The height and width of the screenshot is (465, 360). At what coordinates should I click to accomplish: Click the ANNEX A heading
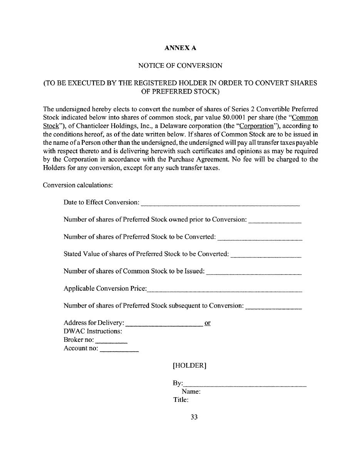click(180, 48)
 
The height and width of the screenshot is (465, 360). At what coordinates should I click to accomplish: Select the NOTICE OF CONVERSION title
click(180, 66)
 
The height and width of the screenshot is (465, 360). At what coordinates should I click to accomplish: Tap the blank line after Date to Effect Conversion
click(220, 204)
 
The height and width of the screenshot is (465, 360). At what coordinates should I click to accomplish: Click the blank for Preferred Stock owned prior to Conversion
click(275, 221)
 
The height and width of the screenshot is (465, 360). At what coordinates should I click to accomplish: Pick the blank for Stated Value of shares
click(266, 256)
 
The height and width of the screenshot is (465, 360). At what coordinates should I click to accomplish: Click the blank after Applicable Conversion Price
click(224, 290)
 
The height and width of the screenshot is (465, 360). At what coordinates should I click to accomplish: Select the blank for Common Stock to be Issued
click(254, 273)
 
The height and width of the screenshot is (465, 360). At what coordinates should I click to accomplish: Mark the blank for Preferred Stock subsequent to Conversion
click(273, 308)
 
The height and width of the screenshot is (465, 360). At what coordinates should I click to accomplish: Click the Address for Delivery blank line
click(164, 324)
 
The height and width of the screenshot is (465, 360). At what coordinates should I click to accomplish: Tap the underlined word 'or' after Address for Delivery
click(208, 323)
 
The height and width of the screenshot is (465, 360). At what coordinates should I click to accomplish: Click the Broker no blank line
click(111, 341)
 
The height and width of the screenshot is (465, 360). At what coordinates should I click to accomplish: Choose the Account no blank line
click(119, 350)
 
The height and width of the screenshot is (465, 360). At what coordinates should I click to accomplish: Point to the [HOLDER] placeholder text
click(189, 366)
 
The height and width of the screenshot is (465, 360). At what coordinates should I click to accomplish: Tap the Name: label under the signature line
click(191, 392)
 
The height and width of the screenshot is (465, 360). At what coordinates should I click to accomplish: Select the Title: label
click(181, 400)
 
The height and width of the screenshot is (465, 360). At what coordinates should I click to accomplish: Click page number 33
click(194, 417)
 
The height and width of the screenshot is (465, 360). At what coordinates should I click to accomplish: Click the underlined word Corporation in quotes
click(256, 126)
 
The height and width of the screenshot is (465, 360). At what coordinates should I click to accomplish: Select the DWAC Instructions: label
click(93, 331)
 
